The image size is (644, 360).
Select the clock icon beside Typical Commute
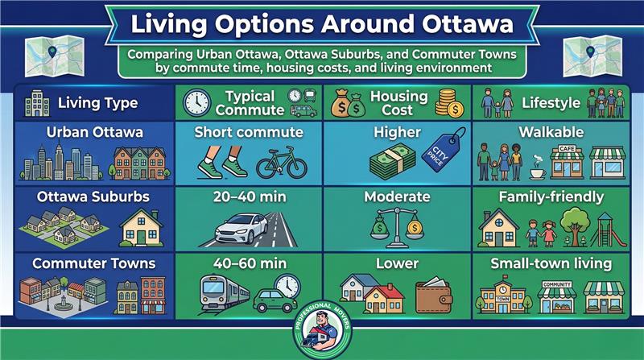click(196, 102)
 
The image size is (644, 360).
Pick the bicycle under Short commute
click(281, 165)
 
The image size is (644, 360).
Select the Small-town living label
click(551, 263)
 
